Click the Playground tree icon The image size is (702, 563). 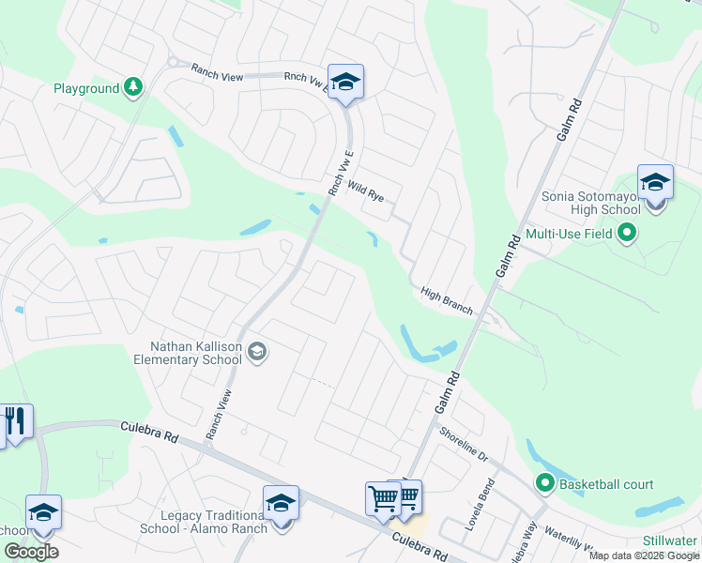tap(134, 88)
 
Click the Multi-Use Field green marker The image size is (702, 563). tap(627, 234)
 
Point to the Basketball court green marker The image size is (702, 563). tap(545, 484)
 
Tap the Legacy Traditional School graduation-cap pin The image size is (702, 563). tap(281, 504)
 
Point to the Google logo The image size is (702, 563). tap(31, 552)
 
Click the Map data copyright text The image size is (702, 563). tap(644, 555)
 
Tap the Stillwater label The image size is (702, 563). tap(671, 541)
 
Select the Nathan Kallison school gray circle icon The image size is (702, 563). tap(258, 353)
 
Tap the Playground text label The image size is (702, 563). tap(86, 88)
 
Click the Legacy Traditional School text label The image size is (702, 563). tap(214, 522)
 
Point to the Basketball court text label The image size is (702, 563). tap(606, 484)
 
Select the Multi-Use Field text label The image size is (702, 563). tap(569, 234)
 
